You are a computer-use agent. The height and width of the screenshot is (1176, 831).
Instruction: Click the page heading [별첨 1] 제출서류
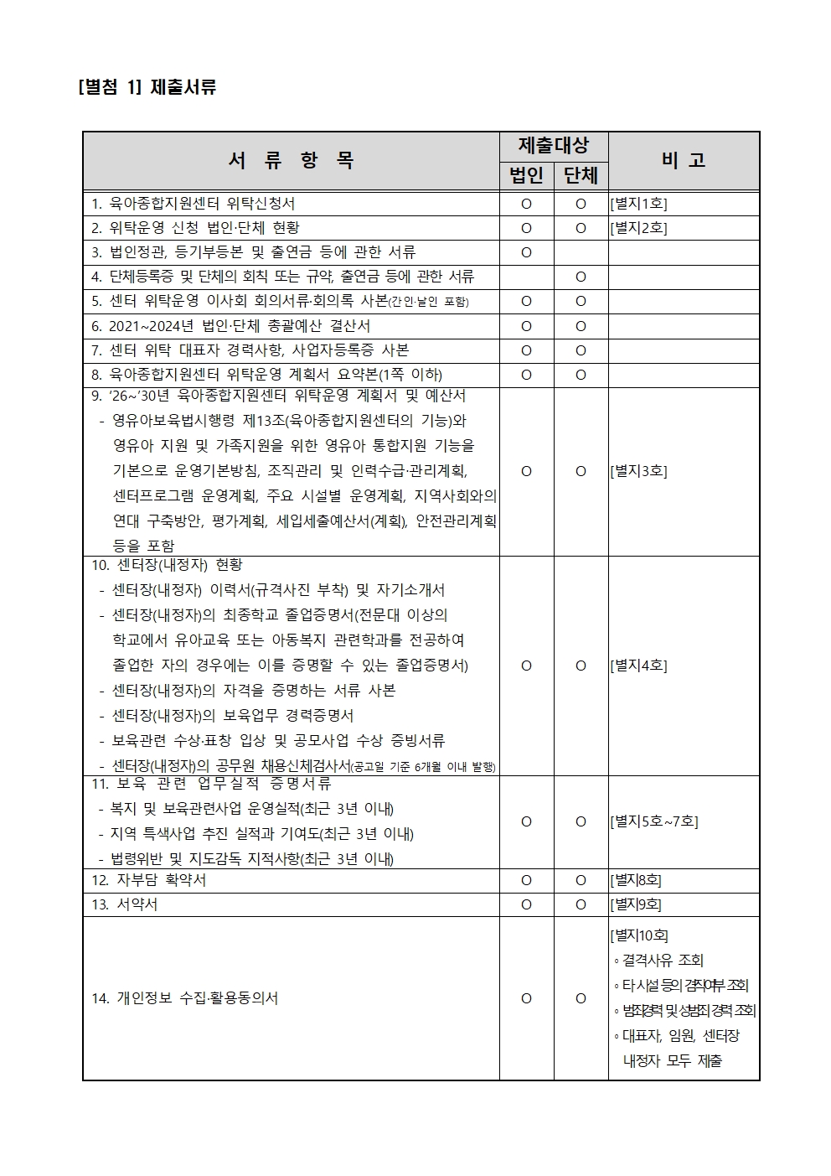[x=147, y=87]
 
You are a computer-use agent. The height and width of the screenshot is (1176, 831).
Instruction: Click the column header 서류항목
[x=291, y=160]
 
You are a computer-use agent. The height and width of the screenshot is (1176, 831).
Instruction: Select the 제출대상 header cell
[x=553, y=145]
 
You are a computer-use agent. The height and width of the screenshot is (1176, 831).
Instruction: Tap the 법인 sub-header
[x=526, y=174]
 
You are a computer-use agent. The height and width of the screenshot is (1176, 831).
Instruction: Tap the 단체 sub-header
[x=581, y=174]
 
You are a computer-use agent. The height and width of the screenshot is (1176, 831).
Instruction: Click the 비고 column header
[x=684, y=160]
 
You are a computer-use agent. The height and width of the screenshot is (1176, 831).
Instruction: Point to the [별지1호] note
[x=639, y=204]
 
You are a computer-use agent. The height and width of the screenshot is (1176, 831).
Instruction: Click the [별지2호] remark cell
[x=639, y=228]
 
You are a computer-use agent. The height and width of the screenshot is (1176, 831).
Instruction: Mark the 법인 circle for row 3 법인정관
[x=526, y=252]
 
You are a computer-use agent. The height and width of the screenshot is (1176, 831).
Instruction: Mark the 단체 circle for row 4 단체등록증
[x=581, y=277]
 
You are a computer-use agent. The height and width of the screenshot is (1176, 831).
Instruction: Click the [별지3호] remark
[x=639, y=471]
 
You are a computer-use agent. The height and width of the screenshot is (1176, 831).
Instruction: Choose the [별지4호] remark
[x=639, y=666]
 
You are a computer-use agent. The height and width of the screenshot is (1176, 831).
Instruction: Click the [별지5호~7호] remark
[x=654, y=821]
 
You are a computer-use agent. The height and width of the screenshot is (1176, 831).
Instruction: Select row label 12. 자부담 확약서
[x=149, y=880]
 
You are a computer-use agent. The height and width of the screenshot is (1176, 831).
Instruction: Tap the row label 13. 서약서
[x=125, y=904]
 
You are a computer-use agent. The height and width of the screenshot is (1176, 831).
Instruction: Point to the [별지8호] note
[x=636, y=880]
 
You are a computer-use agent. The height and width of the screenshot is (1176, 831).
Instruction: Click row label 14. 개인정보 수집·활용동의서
[x=185, y=998]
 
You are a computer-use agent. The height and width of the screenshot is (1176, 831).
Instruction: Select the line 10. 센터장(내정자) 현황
[x=168, y=565]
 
